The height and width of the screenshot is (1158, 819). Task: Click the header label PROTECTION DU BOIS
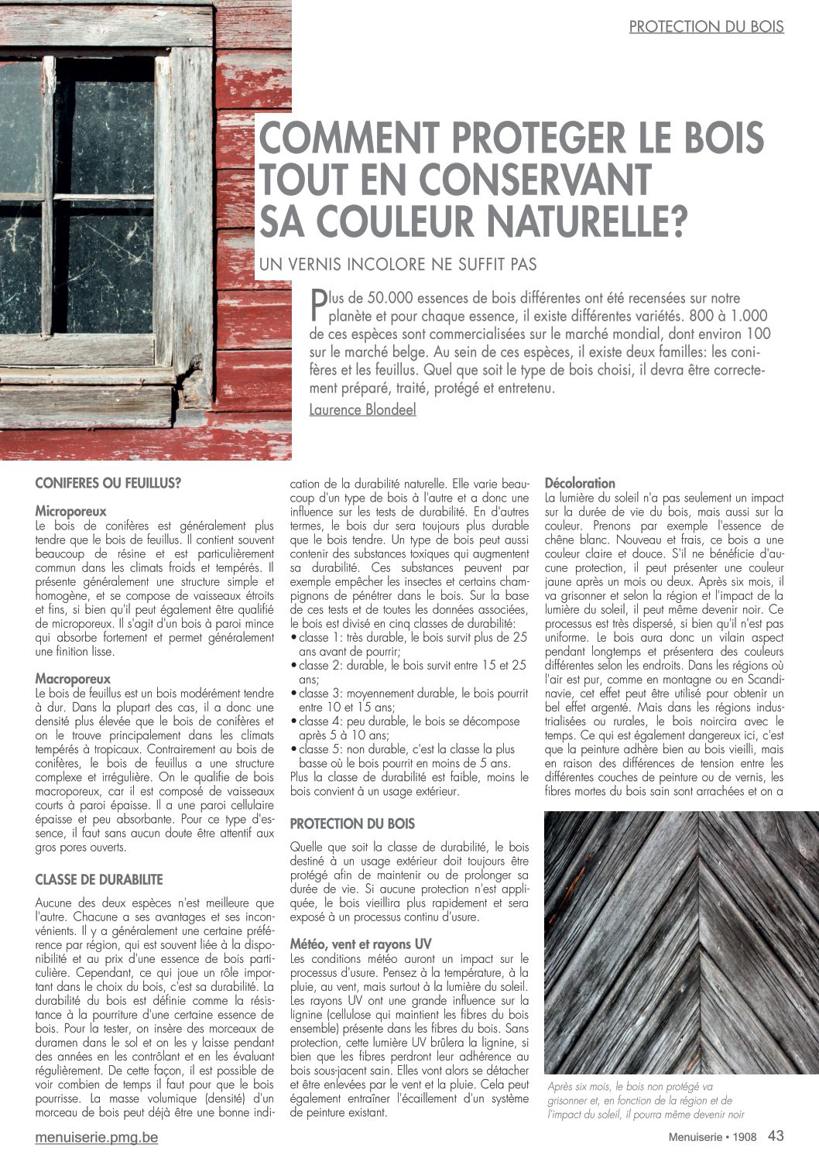(x=706, y=26)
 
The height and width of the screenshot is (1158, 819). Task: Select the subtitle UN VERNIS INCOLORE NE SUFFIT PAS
(x=398, y=265)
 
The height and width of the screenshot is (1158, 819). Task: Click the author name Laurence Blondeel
(x=362, y=409)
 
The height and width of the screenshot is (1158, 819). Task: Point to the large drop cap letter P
(x=317, y=304)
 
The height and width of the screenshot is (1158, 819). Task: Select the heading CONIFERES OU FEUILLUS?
(x=108, y=484)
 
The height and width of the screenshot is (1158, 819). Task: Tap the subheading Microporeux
(x=71, y=512)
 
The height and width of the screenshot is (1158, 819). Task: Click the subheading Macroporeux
(x=73, y=679)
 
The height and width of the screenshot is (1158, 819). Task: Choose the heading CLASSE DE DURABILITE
(x=99, y=880)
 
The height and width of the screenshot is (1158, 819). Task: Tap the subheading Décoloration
(x=581, y=484)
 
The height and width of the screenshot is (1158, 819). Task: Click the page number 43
(x=776, y=1136)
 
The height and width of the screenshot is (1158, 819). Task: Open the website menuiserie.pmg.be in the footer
(x=97, y=1139)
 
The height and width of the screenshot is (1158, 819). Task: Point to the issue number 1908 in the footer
(x=745, y=1137)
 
